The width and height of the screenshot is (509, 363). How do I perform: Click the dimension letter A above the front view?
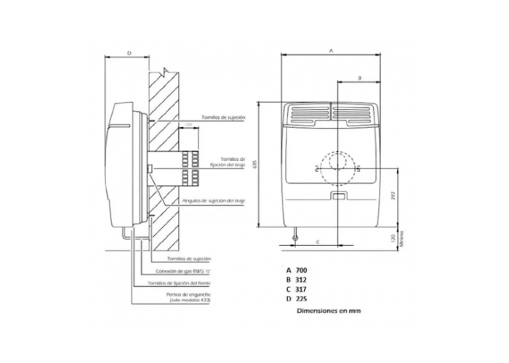332,51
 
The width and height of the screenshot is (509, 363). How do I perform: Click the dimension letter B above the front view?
360,76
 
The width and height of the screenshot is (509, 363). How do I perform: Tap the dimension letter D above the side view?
128,53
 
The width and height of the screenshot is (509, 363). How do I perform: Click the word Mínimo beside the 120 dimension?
401,237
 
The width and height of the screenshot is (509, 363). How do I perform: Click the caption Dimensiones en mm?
328,311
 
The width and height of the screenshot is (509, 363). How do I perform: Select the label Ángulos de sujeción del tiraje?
214,200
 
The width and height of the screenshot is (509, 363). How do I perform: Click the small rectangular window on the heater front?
338,195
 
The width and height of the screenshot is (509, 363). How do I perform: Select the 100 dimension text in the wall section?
188,126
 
